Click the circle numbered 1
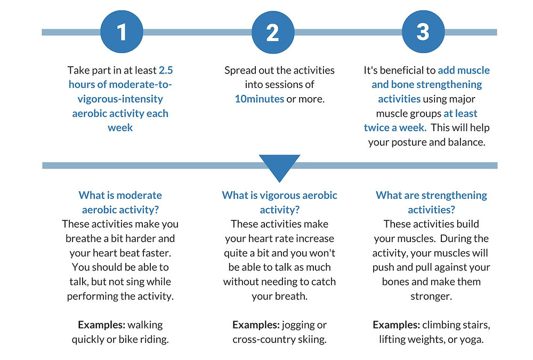122,32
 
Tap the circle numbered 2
272,32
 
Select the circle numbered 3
423,32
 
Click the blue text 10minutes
259,99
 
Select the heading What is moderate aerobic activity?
120,202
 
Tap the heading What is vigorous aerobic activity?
279,202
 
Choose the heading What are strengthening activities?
431,202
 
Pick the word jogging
296,324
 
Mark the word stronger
431,295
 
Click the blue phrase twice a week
394,127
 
